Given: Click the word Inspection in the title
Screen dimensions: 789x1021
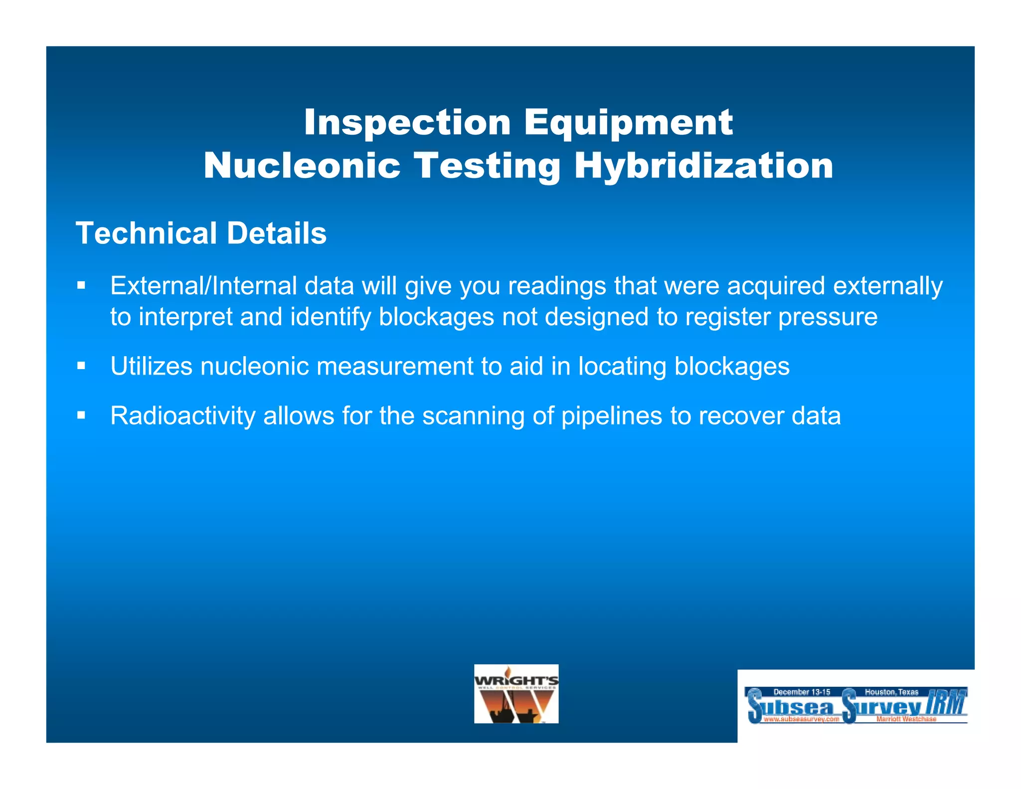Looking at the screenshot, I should [407, 123].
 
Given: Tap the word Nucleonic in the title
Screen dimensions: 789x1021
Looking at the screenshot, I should [302, 166].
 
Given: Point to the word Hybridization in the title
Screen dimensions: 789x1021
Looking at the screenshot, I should [704, 166].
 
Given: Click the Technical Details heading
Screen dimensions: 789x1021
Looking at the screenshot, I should [201, 233].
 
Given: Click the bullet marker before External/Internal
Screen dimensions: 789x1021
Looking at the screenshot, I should [81, 286].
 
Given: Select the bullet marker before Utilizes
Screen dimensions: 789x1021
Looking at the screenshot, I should [81, 367].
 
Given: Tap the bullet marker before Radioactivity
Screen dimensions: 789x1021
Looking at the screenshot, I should [81, 415].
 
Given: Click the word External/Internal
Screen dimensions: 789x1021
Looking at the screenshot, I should [203, 286].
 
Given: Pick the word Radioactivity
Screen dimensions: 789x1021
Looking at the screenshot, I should [182, 416].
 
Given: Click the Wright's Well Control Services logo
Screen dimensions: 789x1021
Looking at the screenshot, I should [516, 694].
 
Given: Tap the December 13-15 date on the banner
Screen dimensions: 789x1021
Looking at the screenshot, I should [802, 692].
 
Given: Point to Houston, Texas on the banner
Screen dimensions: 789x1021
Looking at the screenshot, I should [891, 692].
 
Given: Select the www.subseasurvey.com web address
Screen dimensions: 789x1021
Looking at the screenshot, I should [801, 719].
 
